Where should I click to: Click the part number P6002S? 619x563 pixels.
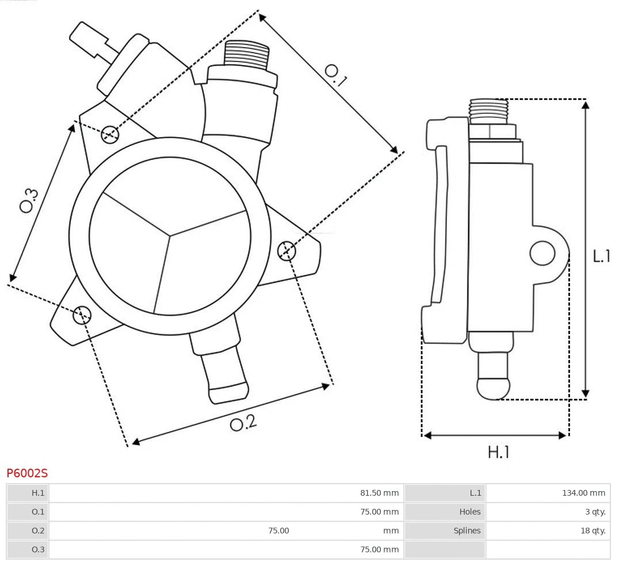click(x=27, y=473)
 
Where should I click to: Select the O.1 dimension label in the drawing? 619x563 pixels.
click(x=335, y=75)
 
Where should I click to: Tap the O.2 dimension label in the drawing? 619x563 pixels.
click(x=243, y=423)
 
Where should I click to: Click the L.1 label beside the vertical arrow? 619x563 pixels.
click(x=602, y=256)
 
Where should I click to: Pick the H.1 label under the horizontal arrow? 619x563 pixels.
click(x=499, y=453)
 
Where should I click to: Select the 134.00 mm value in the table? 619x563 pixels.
click(x=583, y=493)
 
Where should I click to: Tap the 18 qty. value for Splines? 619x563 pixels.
click(x=593, y=531)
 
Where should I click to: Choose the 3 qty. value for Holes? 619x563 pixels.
click(x=595, y=512)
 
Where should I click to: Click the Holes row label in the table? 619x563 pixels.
click(x=469, y=512)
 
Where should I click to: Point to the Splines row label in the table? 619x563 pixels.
click(x=467, y=531)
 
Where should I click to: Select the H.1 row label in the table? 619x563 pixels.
click(x=38, y=493)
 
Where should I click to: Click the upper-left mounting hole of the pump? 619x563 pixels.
click(x=109, y=135)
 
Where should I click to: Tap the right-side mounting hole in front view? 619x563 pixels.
click(x=286, y=251)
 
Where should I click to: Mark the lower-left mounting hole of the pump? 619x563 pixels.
click(x=82, y=314)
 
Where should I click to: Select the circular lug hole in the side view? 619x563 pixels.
click(x=542, y=253)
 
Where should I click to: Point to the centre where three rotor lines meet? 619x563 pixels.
click(x=170, y=235)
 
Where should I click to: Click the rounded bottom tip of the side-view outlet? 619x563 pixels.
click(x=494, y=389)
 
